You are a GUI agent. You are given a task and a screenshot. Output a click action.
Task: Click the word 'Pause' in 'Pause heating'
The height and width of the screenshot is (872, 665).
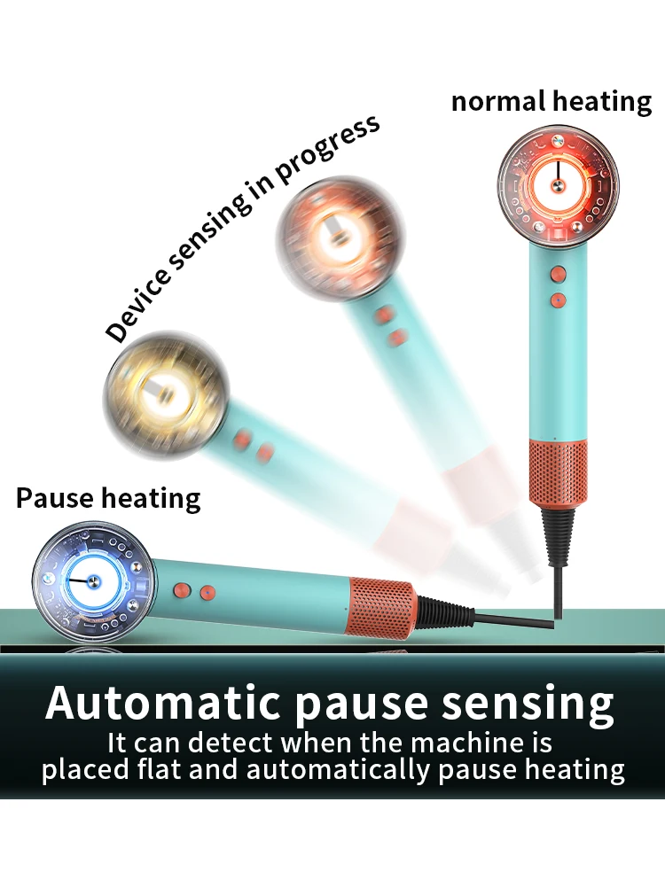54,497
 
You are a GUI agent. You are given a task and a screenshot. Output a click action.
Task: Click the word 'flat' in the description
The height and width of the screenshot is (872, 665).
206,768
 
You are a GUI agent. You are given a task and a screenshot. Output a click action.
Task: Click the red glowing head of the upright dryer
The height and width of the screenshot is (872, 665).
558,184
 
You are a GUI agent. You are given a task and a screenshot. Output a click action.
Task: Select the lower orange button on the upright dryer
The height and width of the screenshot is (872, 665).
558,300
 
